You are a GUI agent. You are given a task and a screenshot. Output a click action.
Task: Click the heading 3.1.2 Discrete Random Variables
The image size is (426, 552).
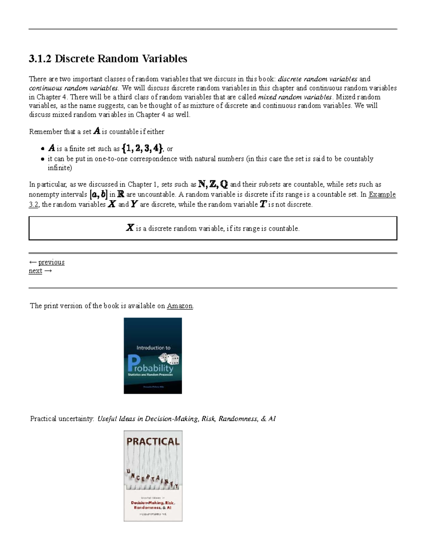pos(108,59)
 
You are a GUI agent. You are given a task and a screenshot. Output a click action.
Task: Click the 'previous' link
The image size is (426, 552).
pos(51,262)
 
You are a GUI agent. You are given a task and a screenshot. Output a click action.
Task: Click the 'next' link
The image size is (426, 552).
pos(35,271)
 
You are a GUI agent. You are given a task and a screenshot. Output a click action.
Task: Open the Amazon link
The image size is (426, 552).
pos(180,306)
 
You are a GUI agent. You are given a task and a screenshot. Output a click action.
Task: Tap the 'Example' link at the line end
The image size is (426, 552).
pos(382,194)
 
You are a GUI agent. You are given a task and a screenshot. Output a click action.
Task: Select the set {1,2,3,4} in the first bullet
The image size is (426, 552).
pos(142,148)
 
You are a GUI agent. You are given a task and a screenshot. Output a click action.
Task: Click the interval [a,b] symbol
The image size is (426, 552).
pos(98,194)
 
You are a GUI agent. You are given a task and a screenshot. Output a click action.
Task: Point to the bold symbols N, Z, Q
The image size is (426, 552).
pos(213,184)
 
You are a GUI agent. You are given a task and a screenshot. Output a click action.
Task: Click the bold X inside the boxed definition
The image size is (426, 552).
pos(130,228)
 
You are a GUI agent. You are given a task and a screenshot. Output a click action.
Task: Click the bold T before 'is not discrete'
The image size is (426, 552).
pos(263,204)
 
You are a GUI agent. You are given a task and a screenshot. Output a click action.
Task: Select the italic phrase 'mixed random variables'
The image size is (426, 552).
pos(295,97)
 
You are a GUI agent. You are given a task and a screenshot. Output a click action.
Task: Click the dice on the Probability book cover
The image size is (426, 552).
pos(169,359)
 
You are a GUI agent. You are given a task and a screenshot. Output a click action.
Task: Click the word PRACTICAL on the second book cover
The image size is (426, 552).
pos(153,441)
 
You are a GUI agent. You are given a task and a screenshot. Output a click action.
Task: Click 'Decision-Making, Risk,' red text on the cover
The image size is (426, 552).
pos(153,503)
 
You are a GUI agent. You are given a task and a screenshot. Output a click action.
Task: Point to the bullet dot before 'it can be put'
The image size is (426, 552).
pos(43,159)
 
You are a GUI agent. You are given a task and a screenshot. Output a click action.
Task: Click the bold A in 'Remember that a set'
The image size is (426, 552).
pos(97,132)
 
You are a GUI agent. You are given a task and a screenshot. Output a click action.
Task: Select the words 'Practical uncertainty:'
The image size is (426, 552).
pos(62,419)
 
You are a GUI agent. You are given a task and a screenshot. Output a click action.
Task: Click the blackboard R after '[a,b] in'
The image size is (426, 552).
pos(121,194)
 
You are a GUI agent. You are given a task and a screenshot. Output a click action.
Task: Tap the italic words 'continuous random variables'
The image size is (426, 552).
pos(73,88)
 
